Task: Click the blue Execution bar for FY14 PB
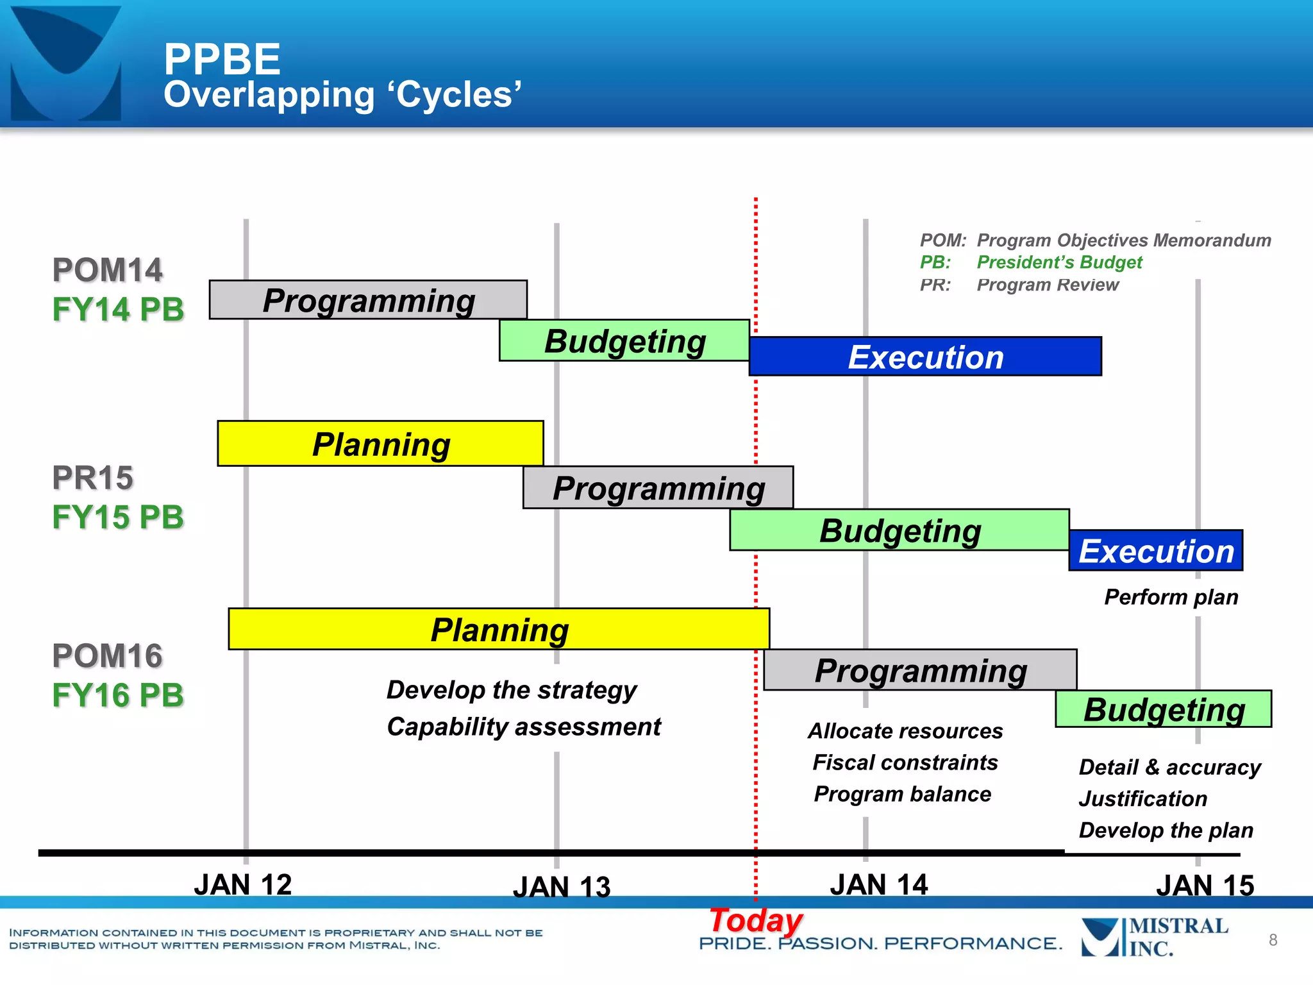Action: [x=925, y=357]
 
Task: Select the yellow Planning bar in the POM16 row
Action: [x=499, y=629]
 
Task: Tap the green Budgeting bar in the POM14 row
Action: [x=624, y=341]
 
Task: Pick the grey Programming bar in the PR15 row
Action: [x=658, y=488]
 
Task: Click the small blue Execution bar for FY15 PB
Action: [x=1156, y=551]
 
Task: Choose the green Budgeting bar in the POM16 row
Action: [x=1164, y=709]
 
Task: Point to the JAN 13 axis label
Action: [x=562, y=887]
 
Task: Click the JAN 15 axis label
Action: [x=1205, y=886]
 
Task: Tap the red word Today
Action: [x=755, y=920]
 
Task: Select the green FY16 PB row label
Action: [x=118, y=695]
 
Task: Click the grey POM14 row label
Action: [x=107, y=270]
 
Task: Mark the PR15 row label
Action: [x=92, y=478]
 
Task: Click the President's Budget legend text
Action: [x=1059, y=262]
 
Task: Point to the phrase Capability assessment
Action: [x=524, y=727]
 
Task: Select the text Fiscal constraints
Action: [x=905, y=762]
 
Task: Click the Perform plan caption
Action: [x=1171, y=597]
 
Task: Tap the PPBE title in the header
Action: [x=222, y=59]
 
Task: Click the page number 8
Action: [x=1273, y=940]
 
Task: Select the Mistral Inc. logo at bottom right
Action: [x=1154, y=937]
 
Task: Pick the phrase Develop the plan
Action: [x=1166, y=830]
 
